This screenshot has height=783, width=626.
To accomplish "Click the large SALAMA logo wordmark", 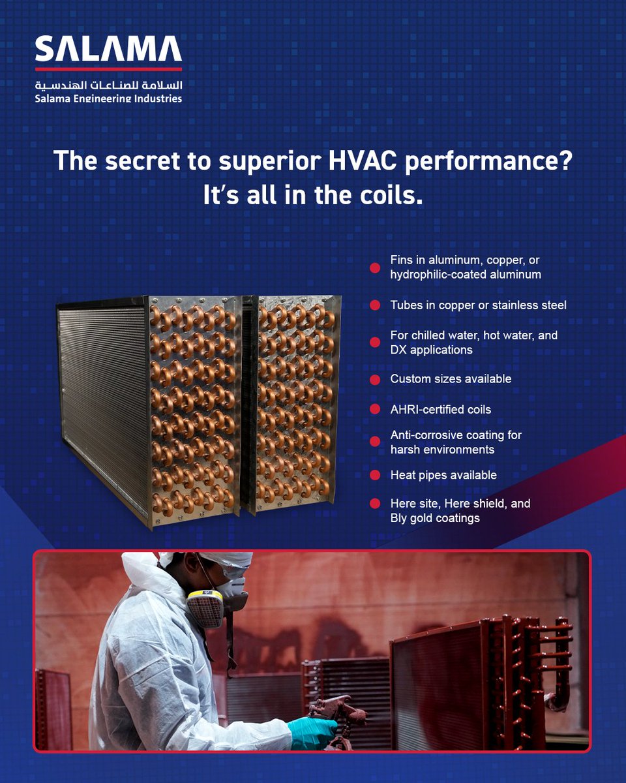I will tap(108, 50).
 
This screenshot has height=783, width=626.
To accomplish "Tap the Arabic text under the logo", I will tap(108, 85).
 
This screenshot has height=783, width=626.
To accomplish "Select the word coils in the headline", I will tap(388, 195).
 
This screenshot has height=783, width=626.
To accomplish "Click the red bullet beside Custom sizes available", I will tap(375, 379).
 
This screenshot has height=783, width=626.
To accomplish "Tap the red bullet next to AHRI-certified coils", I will tap(375, 410).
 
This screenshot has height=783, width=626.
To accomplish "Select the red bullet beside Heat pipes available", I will tap(375, 475).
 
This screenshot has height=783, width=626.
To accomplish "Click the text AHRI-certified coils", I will tap(440, 410).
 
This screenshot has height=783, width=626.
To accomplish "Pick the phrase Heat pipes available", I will tap(443, 475).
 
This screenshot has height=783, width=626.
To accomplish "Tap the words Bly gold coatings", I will tap(435, 518).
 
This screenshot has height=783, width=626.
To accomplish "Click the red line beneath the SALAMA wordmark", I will tap(108, 69).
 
